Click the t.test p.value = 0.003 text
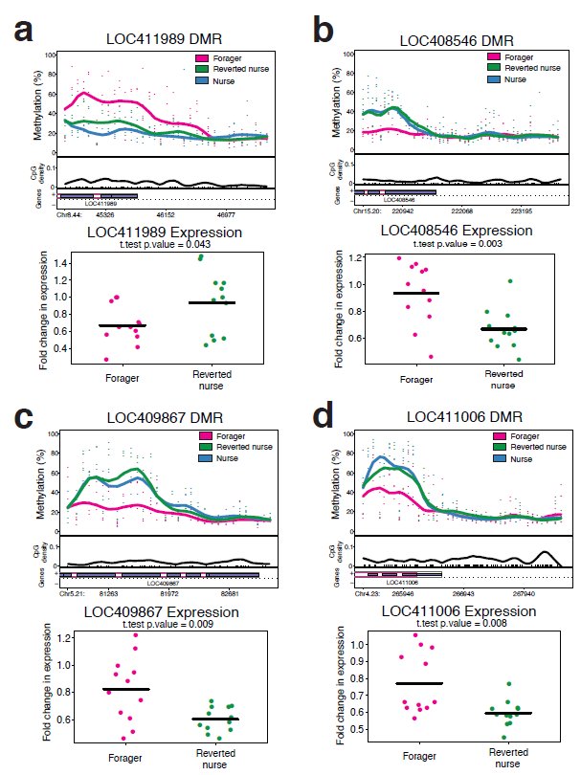point(450,243)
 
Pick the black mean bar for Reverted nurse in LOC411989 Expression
point(210,302)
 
